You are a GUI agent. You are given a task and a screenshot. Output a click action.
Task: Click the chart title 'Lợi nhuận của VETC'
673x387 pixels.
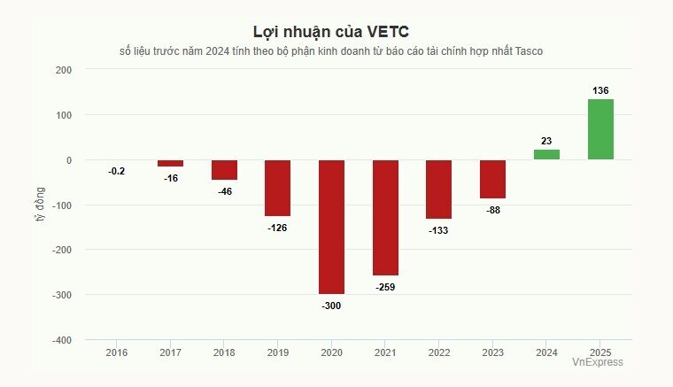[x=331, y=33]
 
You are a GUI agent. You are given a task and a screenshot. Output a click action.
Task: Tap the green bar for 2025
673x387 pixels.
[x=600, y=129]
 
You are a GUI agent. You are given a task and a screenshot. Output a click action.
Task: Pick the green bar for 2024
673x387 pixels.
[x=546, y=155]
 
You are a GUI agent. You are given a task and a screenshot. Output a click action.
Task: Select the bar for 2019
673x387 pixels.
[x=278, y=188]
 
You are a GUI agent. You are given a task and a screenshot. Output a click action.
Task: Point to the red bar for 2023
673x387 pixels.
[x=492, y=179]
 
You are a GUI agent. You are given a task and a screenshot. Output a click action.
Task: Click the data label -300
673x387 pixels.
[x=331, y=306]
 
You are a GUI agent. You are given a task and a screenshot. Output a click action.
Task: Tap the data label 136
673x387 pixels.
[x=600, y=90]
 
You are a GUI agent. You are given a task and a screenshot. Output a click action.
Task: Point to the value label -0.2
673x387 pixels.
[x=117, y=171]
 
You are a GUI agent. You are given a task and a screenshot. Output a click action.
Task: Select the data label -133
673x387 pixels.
[x=439, y=230]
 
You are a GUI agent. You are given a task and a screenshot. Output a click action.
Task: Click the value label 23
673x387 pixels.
[x=546, y=141]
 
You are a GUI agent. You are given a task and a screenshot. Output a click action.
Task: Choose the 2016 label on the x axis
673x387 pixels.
[x=117, y=352]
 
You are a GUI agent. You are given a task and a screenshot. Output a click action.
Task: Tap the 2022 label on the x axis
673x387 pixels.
[x=439, y=352]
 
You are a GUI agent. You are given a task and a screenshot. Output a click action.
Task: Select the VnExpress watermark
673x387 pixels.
[x=597, y=362]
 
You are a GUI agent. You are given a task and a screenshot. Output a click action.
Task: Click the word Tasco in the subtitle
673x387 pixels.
[x=527, y=51]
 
